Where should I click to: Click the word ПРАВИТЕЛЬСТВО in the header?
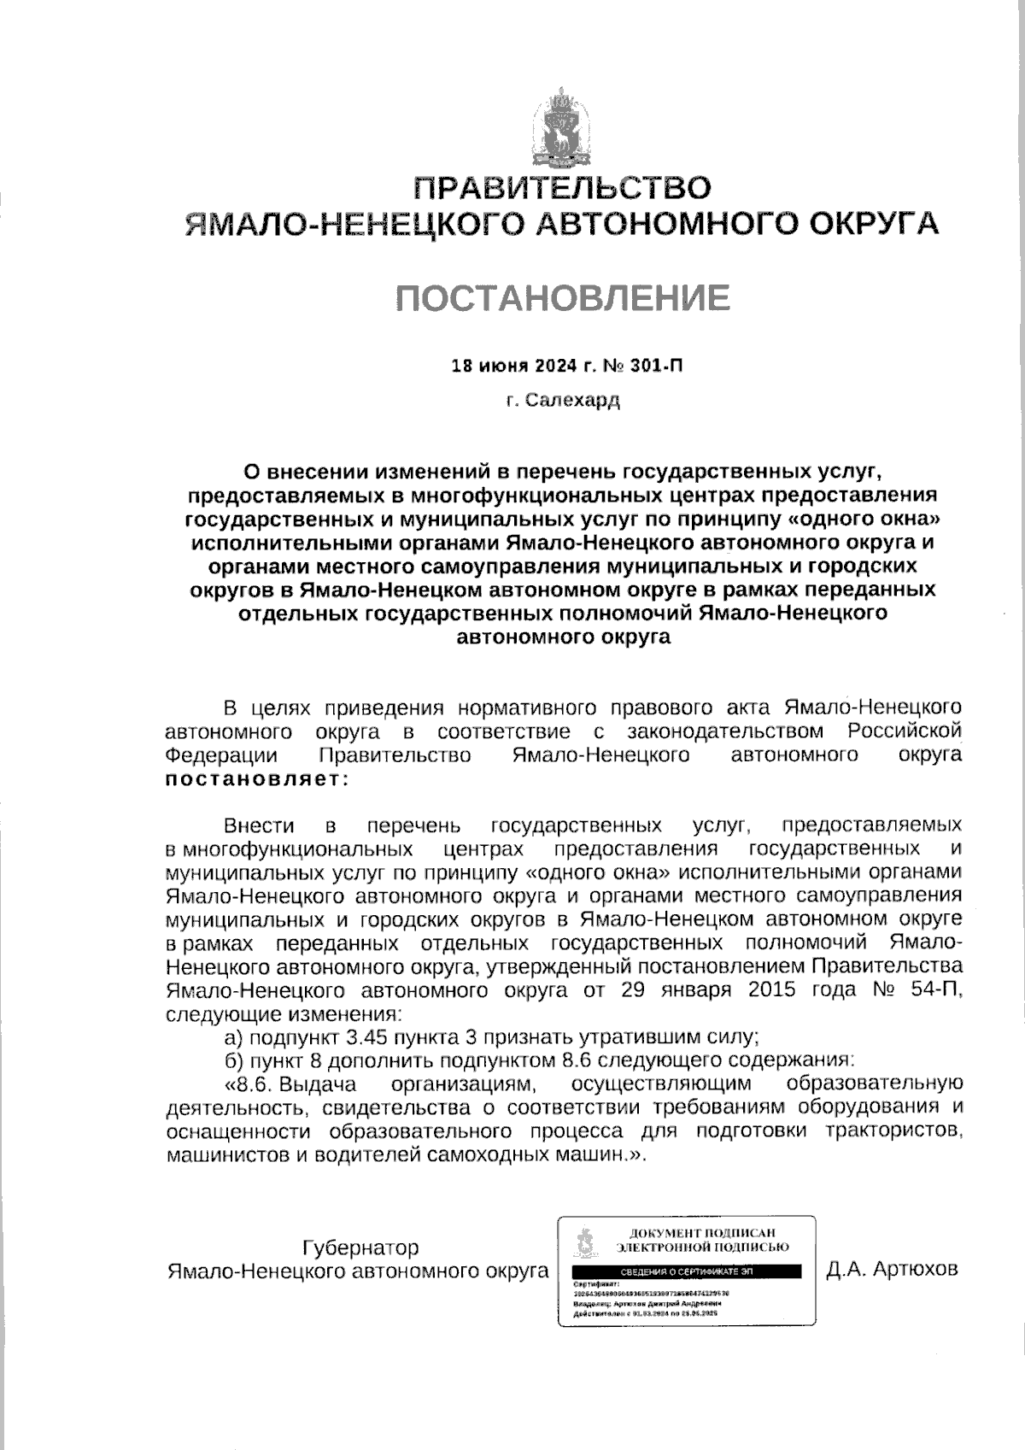pos(562,188)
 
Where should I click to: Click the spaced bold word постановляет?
pos(255,778)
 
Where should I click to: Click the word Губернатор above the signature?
pos(361,1247)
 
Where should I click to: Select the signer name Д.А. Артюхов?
pos(893,1270)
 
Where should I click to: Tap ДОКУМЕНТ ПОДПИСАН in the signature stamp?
pos(702,1233)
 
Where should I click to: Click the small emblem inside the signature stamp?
pos(586,1244)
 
